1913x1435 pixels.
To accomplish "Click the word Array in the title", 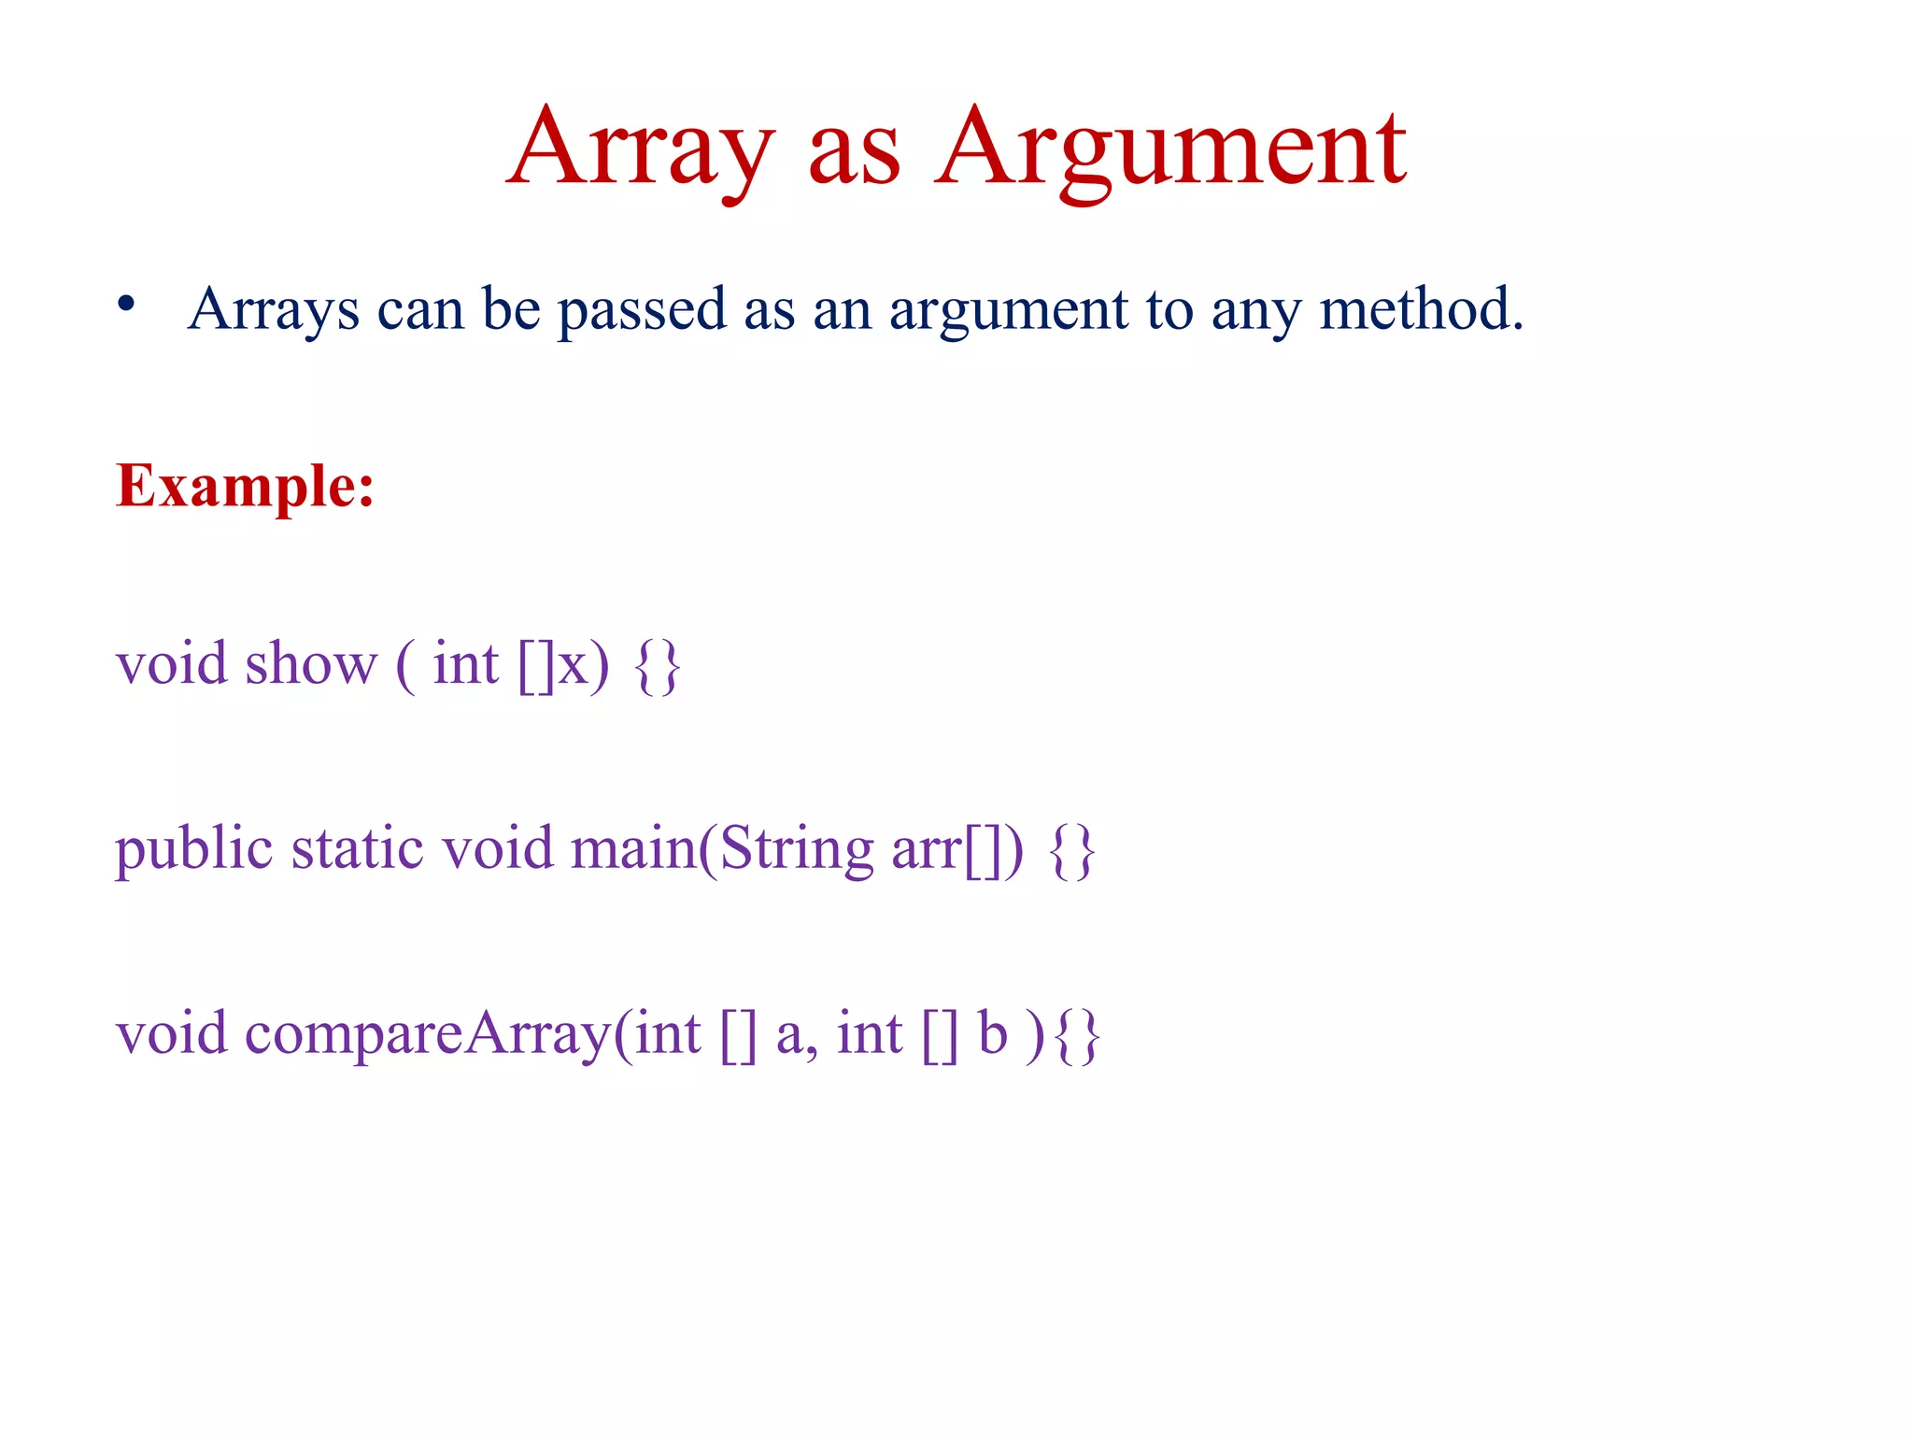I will (x=641, y=147).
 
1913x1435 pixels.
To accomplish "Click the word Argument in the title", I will (x=1171, y=147).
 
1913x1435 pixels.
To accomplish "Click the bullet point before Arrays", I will (x=127, y=305).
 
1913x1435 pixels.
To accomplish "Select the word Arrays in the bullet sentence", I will (x=273, y=309).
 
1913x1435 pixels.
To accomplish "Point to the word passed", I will (x=642, y=309).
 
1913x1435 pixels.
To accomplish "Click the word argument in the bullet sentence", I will (x=1009, y=311).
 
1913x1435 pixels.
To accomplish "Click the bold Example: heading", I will (x=245, y=487).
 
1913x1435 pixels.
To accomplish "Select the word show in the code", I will (x=311, y=664).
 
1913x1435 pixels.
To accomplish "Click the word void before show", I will (x=172, y=664).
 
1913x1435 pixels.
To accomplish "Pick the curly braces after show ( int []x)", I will (x=657, y=666).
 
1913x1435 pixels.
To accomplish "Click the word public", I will (x=193, y=849).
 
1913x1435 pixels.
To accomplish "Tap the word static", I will (x=358, y=849).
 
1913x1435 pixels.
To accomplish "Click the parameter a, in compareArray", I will (x=797, y=1036).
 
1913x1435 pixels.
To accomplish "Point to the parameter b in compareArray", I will (x=992, y=1034).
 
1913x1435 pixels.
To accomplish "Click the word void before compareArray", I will (x=172, y=1034).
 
